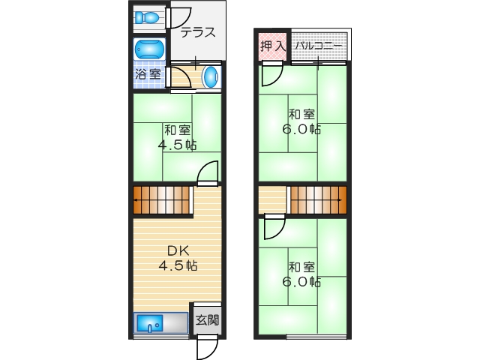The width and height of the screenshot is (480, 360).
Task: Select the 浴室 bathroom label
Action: click(148, 75)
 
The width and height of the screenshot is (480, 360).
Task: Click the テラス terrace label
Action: click(198, 32)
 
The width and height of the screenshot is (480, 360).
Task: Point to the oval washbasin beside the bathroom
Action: click(212, 76)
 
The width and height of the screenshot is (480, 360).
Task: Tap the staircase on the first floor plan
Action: click(163, 201)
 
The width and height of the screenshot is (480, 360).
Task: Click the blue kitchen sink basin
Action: click(150, 324)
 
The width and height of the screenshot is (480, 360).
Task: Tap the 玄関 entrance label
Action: click(208, 320)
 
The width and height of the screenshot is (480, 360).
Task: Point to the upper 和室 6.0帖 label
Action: click(302, 121)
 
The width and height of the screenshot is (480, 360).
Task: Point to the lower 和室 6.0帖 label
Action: click(302, 274)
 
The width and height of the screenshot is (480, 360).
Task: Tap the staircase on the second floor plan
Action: click(318, 200)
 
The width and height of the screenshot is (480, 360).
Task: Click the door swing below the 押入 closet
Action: click(271, 73)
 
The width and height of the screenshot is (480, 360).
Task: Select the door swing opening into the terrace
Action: click(181, 17)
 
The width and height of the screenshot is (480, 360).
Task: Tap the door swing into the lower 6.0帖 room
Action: click(274, 226)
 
